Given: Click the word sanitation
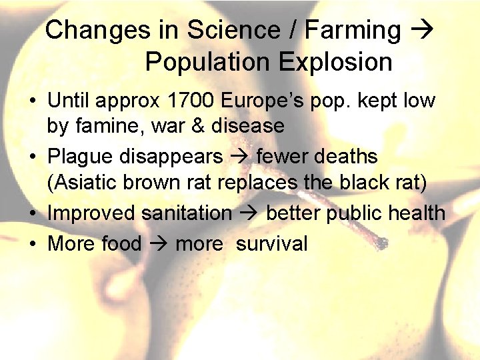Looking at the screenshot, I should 186,213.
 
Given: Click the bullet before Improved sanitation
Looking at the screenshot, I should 32,214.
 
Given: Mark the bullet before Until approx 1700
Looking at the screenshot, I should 32,102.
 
